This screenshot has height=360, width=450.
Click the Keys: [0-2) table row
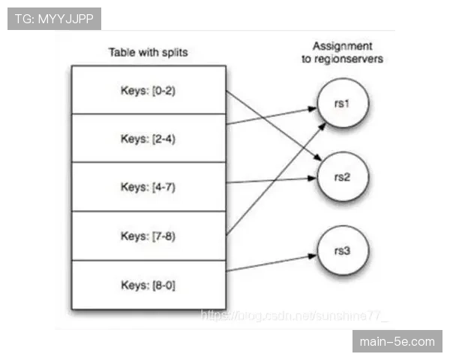click(148, 90)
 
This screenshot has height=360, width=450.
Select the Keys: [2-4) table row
click(148, 138)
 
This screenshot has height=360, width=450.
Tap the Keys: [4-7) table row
click(148, 187)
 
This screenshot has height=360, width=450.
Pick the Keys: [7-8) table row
click(148, 235)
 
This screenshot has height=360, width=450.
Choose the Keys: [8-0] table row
click(148, 284)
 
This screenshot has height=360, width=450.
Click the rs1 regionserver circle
click(342, 103)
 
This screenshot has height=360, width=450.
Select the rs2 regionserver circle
click(342, 177)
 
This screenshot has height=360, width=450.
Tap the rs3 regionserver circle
click(342, 251)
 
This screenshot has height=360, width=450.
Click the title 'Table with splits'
click(148, 52)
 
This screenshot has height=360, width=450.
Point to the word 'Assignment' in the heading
click(342, 46)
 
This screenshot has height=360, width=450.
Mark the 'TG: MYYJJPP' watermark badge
click(54, 18)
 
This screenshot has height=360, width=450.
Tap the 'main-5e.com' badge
click(397, 342)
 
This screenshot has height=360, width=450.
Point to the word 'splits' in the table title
click(174, 52)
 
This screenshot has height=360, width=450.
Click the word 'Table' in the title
click(121, 52)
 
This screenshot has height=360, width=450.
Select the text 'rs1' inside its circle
click(342, 103)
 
